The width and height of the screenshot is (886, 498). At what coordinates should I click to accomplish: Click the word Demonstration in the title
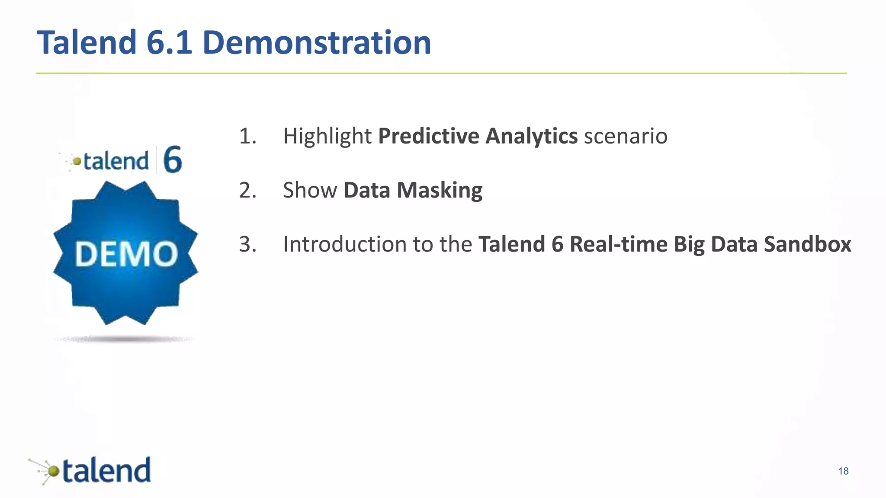click(317, 42)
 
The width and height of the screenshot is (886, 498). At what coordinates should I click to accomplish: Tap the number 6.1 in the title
click(169, 42)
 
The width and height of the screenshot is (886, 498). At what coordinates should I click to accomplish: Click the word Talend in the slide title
click(87, 42)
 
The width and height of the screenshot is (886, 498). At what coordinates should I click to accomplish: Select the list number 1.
click(248, 136)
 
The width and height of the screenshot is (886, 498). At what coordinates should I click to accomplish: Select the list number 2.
click(248, 191)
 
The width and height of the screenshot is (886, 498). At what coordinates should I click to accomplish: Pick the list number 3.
click(248, 245)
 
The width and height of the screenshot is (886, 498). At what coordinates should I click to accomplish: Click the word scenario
click(626, 136)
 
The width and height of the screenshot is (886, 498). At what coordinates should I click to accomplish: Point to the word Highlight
click(327, 136)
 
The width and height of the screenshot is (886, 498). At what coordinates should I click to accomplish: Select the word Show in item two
click(310, 191)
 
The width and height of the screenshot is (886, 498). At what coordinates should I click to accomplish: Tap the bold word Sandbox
click(807, 245)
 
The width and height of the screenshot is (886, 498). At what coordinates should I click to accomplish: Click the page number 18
click(843, 471)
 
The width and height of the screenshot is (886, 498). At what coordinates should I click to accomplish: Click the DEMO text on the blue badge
click(126, 254)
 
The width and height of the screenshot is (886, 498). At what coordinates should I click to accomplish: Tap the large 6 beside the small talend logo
click(173, 160)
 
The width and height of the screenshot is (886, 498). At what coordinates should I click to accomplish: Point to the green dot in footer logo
click(53, 471)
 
